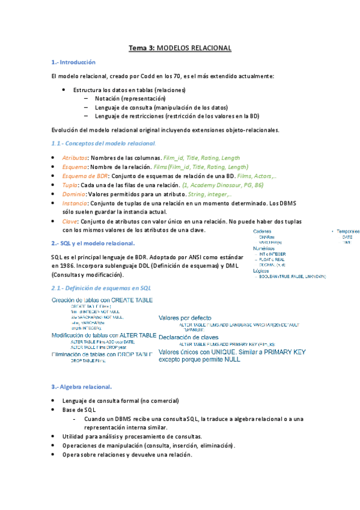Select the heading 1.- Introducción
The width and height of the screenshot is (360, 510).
tap(73, 62)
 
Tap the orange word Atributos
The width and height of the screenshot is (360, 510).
tap(75, 157)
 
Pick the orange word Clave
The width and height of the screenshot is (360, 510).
tap(70, 221)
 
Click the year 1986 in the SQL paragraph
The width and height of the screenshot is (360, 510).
tap(62, 265)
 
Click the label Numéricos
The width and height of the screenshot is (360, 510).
tap(264, 248)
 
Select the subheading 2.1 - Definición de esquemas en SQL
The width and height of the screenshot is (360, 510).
tap(101, 288)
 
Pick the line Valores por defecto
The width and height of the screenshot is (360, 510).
tap(185, 318)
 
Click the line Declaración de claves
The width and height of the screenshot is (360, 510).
tap(188, 337)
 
